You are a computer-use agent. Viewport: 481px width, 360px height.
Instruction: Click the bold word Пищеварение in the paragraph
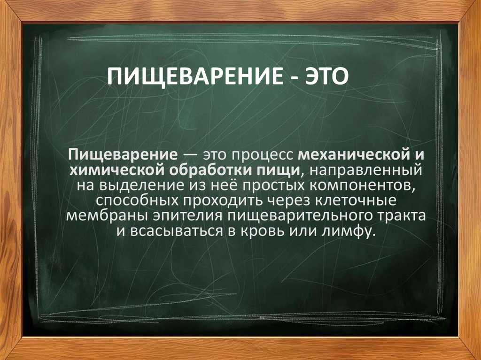(x=122, y=154)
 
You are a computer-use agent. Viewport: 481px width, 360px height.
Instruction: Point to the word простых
(x=256, y=185)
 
